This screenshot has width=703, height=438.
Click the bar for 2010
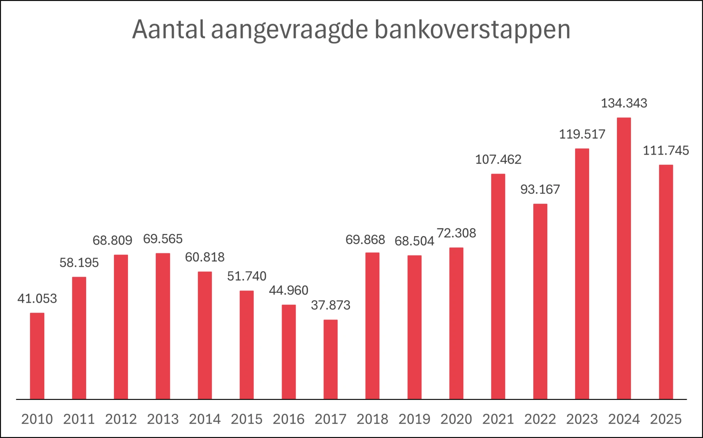pos(37,356)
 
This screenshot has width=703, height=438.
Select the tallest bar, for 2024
pos(624,258)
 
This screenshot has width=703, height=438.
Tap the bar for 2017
pos(330,359)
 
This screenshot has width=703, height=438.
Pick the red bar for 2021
pos(498,286)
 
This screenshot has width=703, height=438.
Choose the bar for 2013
pos(163,326)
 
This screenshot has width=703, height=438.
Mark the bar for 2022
pos(540,301)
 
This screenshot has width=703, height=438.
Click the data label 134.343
pos(624,103)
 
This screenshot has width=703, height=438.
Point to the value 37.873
pos(330,305)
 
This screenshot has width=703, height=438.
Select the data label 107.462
pos(498,159)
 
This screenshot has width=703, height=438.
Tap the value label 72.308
pos(456,233)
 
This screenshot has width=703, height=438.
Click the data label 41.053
pos(37,298)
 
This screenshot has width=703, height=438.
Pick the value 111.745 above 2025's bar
pos(666,150)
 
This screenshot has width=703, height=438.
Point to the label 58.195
pos(79,262)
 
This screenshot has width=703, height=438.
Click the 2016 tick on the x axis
pos(289,419)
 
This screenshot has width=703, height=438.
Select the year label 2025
pos(666,419)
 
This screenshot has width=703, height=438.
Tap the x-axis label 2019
pos(414,419)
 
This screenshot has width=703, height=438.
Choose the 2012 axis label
pos(121,419)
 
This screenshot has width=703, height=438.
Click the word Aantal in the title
pos(168,29)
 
